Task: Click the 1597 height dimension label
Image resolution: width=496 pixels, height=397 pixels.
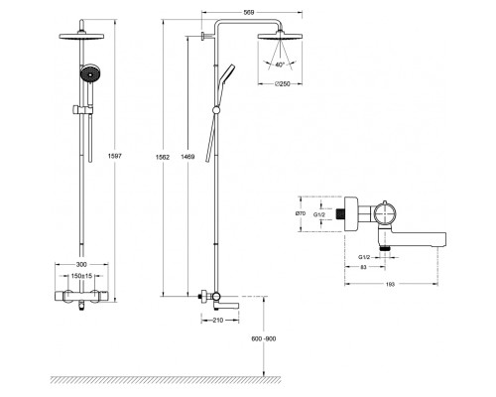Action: tap(115, 156)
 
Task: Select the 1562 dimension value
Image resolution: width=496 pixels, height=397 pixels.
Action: tap(163, 157)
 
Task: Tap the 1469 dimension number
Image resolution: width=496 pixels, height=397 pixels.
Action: tap(187, 157)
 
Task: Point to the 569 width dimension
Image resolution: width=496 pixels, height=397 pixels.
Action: tap(249, 13)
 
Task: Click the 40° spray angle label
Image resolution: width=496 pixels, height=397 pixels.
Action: tap(280, 65)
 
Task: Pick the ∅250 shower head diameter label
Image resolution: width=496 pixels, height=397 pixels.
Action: tap(282, 83)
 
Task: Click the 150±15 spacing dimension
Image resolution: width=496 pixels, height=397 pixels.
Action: tap(81, 275)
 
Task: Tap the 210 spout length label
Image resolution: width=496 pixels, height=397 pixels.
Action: tap(218, 320)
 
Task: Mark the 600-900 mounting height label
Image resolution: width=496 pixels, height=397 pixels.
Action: tap(264, 338)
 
